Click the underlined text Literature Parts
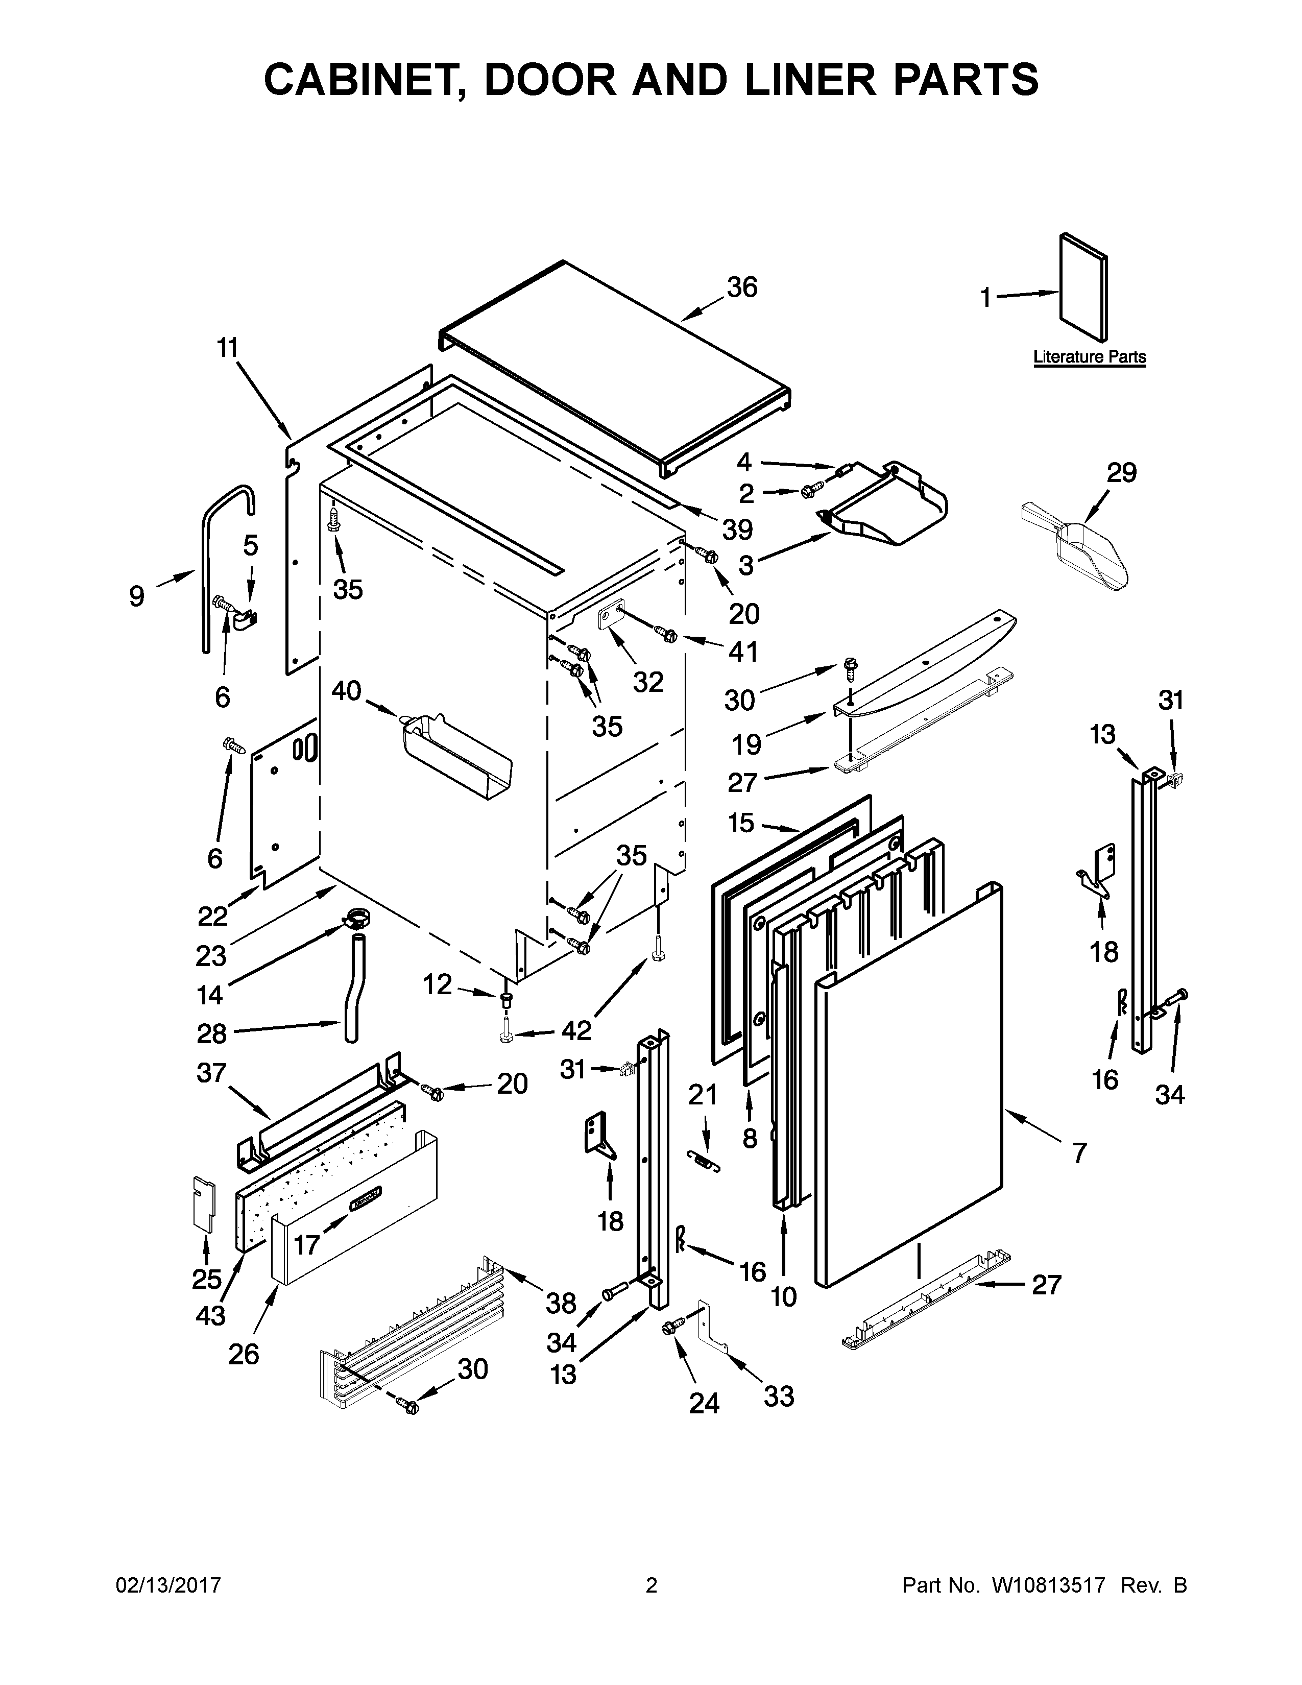pyautogui.click(x=1089, y=357)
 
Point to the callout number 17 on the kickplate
pyautogui.click(x=306, y=1244)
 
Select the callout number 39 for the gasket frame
pyautogui.click(x=737, y=529)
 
